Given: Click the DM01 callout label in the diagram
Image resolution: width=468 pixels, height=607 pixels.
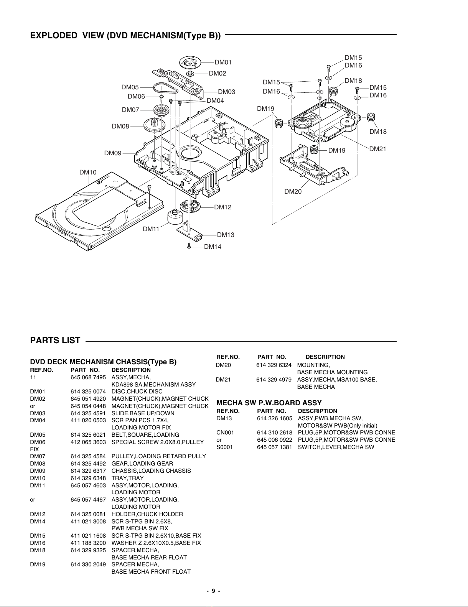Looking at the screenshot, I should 223,62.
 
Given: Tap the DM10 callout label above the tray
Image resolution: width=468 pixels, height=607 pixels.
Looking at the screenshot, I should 88,172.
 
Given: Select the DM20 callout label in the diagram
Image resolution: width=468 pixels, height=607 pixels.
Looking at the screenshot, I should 293,191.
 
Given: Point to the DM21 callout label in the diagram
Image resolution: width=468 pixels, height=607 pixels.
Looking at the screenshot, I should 377,149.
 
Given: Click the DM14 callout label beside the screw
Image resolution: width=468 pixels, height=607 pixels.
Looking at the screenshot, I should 213,247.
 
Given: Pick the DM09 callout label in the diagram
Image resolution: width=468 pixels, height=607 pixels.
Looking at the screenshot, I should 113,153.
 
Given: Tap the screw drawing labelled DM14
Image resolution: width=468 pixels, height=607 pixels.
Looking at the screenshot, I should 189,246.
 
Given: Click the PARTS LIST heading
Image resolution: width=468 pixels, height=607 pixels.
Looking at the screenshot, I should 55,341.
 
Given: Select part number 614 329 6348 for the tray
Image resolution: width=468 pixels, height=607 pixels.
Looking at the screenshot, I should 88,478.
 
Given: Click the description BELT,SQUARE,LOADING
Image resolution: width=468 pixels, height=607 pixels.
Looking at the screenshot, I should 145,435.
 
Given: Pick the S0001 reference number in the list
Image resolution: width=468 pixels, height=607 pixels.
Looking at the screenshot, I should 224,447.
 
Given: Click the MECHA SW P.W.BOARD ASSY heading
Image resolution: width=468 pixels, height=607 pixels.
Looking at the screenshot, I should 269,403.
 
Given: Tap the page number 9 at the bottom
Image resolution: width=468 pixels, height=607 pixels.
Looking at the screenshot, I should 214,591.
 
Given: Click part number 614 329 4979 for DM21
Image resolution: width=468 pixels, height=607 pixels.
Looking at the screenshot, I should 274,380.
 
